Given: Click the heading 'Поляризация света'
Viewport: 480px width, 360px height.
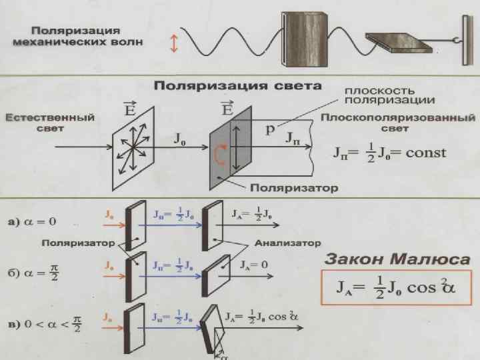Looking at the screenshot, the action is (x=238, y=86).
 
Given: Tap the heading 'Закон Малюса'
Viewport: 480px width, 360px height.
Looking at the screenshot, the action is (x=396, y=259).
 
